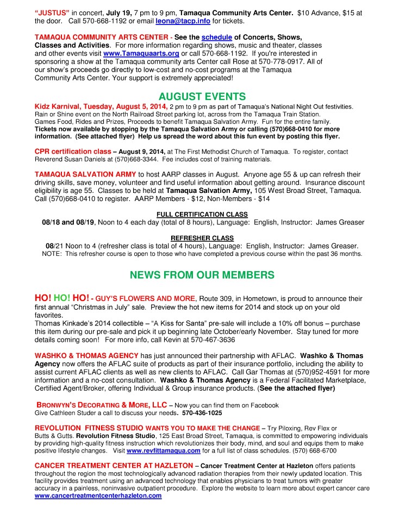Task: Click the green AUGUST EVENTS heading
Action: click(195, 97)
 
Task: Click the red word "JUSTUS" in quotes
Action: click(52, 12)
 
